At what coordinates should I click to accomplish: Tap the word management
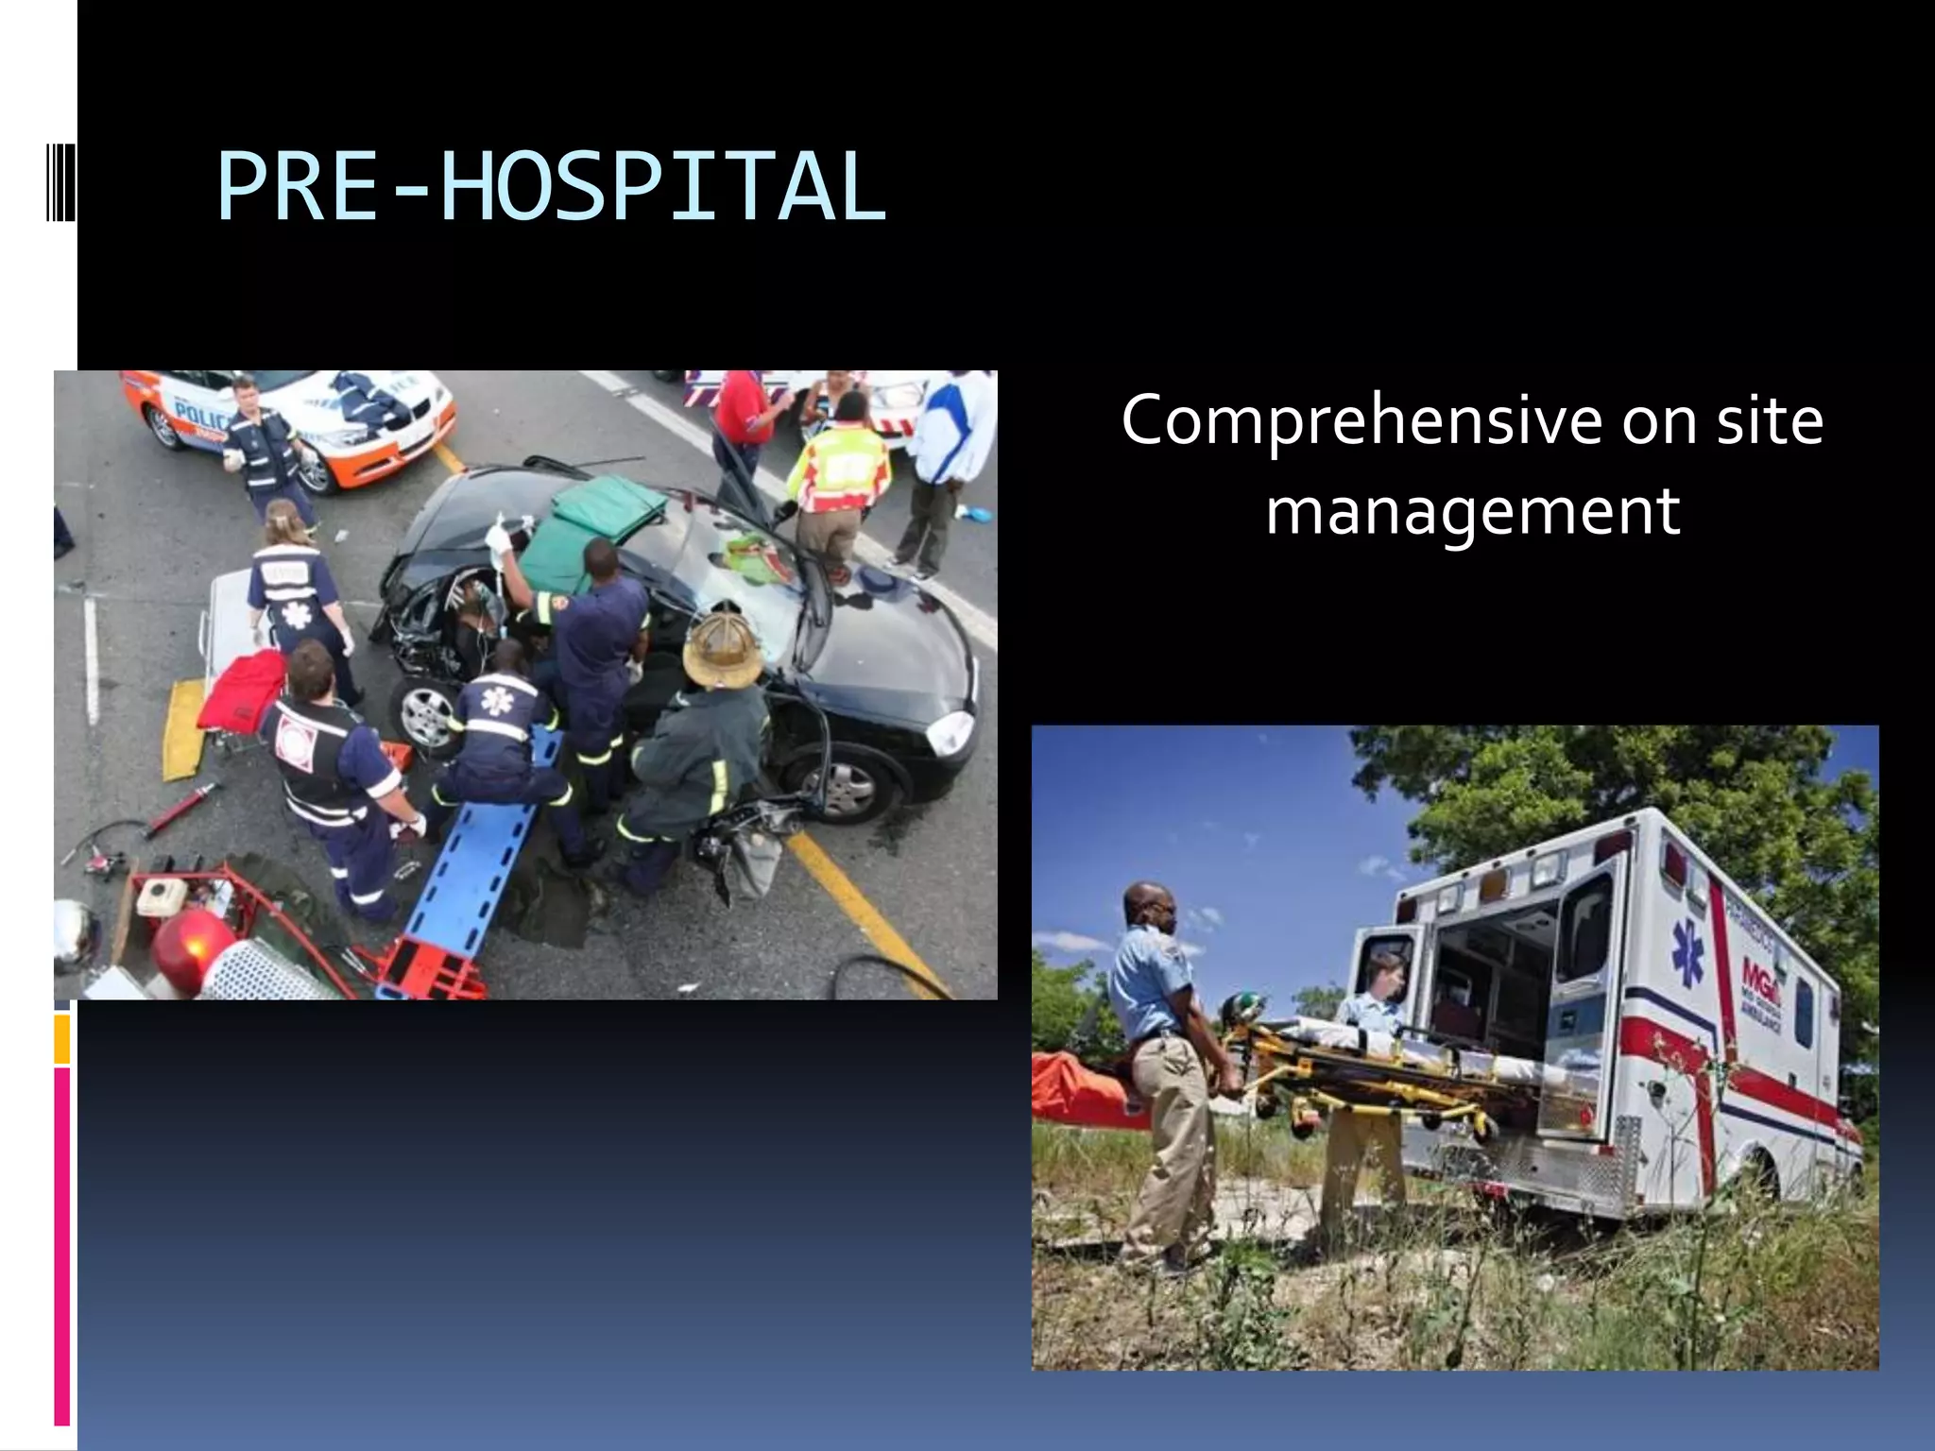coord(1472,511)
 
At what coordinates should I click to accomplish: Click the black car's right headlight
coord(951,732)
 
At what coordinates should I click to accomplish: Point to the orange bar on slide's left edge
coord(61,1039)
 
